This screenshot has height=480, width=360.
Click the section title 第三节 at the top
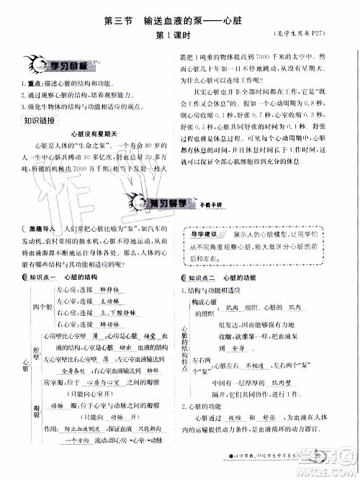click(116, 22)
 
